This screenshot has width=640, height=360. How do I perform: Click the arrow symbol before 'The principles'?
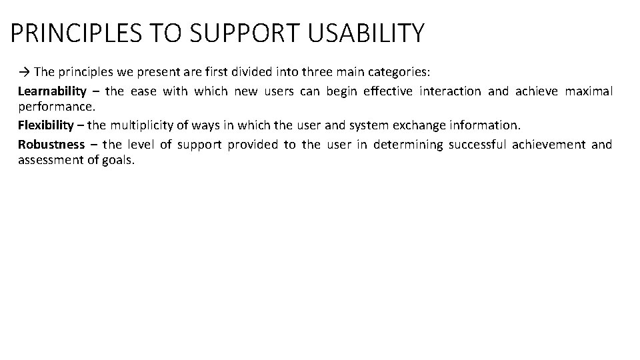[x=25, y=71]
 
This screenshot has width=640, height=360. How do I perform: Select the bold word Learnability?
[x=52, y=91]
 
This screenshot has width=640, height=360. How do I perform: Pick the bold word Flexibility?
[x=47, y=125]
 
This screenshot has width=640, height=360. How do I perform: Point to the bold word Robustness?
[x=51, y=144]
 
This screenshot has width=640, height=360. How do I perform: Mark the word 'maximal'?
[x=589, y=91]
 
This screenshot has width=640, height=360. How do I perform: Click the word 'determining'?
[x=408, y=144]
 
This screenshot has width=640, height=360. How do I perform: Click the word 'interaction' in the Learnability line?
[x=450, y=91]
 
